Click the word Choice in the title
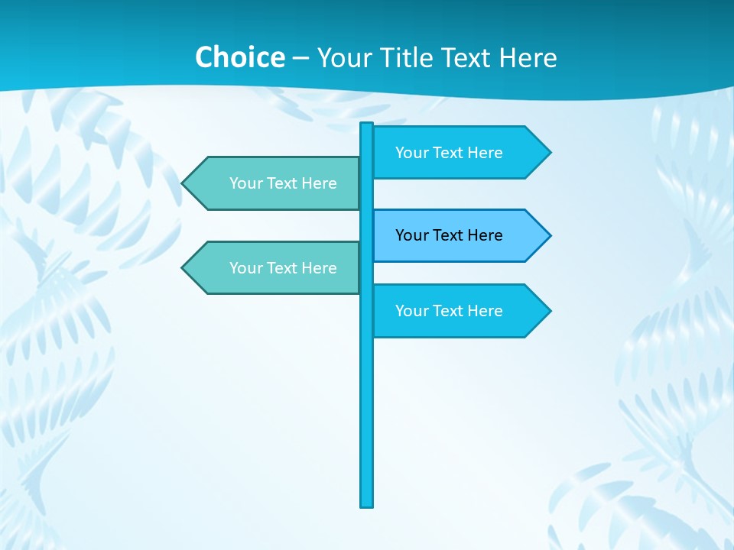239,57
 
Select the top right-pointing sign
459,153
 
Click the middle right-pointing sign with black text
459,235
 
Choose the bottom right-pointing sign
459,311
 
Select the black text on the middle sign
449,235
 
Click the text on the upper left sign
283,183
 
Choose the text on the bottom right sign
449,311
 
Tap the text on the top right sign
449,153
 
